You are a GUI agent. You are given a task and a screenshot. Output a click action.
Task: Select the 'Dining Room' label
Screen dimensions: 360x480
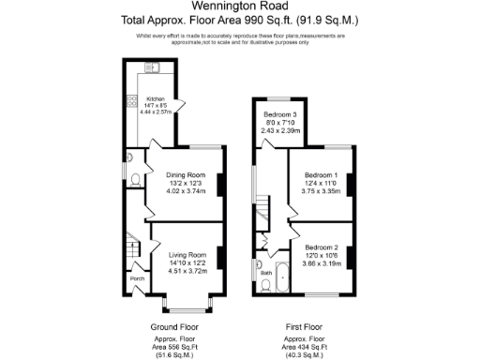coord(185,175)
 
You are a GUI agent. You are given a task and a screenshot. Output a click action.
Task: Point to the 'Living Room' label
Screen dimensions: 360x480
coord(187,255)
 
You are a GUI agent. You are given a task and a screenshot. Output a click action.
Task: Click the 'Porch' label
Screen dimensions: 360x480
coord(137,277)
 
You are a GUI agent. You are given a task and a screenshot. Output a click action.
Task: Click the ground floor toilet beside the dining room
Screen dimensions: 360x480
coord(135,178)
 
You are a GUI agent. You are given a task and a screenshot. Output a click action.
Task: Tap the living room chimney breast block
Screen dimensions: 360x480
coord(221,256)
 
